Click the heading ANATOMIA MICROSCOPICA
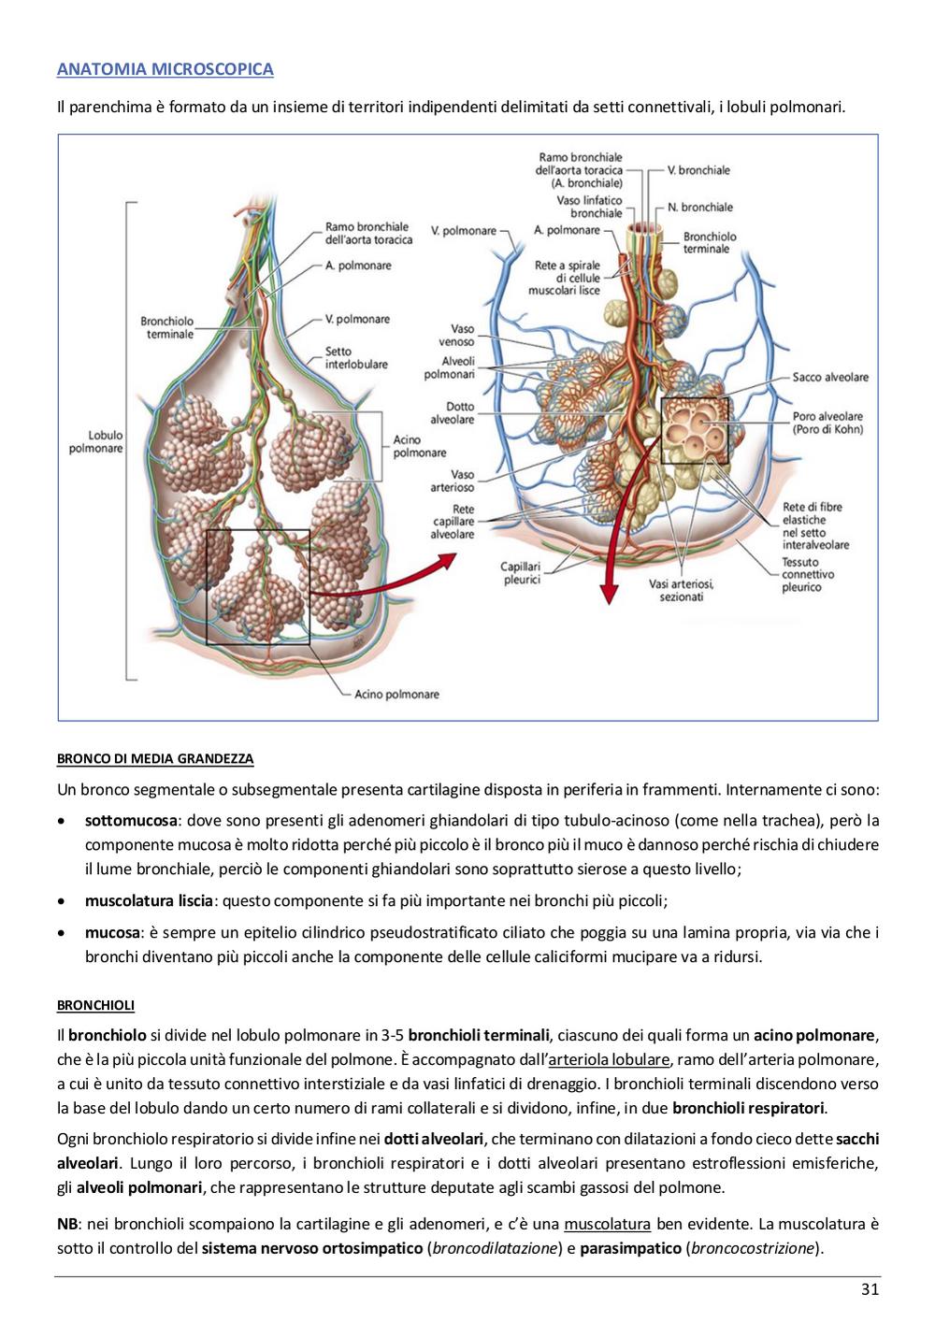click(165, 69)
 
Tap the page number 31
click(870, 1289)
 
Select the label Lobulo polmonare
click(96, 441)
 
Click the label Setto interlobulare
click(356, 358)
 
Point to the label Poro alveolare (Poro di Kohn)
click(827, 423)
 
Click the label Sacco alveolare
click(830, 377)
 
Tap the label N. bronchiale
click(700, 208)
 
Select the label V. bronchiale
click(698, 170)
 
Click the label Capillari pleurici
click(521, 573)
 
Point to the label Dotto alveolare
click(452, 413)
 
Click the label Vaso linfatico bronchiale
click(589, 207)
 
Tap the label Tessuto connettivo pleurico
click(808, 574)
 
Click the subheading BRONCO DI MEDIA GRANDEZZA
click(155, 758)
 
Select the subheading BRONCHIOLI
click(95, 1005)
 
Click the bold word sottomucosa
click(131, 820)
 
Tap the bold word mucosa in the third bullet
click(112, 932)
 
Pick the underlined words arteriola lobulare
click(610, 1059)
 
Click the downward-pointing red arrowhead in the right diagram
click(609, 593)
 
